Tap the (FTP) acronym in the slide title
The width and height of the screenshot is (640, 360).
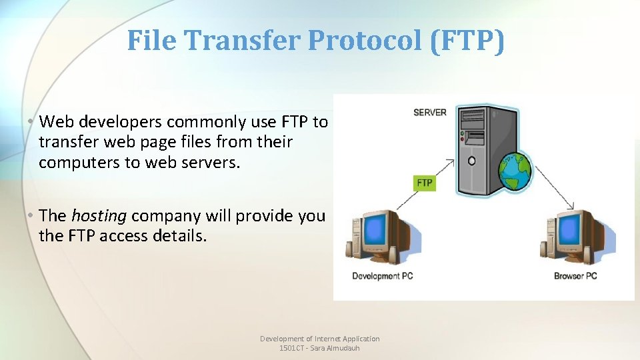467,41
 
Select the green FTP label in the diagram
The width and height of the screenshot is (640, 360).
424,182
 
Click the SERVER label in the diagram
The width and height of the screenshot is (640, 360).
430,112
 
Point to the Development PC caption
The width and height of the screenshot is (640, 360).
383,276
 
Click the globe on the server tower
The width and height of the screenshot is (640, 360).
515,172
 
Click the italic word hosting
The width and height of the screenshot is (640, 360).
99,215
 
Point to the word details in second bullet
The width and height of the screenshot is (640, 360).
181,235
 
